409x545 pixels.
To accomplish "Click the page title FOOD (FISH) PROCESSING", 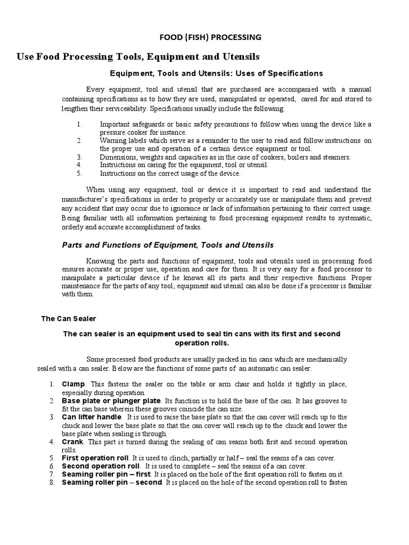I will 211,37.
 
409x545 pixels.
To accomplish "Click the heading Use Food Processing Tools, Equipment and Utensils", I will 138,56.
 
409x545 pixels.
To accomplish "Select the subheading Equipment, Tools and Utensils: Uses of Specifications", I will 216,73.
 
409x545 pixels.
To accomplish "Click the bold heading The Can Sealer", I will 69,318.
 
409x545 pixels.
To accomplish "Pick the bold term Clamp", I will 73,384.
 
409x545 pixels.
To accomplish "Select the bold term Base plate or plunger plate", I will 111,400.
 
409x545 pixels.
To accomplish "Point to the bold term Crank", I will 73,442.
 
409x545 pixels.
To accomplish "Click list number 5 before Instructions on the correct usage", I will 78,173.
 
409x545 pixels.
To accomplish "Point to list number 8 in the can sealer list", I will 52,483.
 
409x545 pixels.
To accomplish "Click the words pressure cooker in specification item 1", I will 125,132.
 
